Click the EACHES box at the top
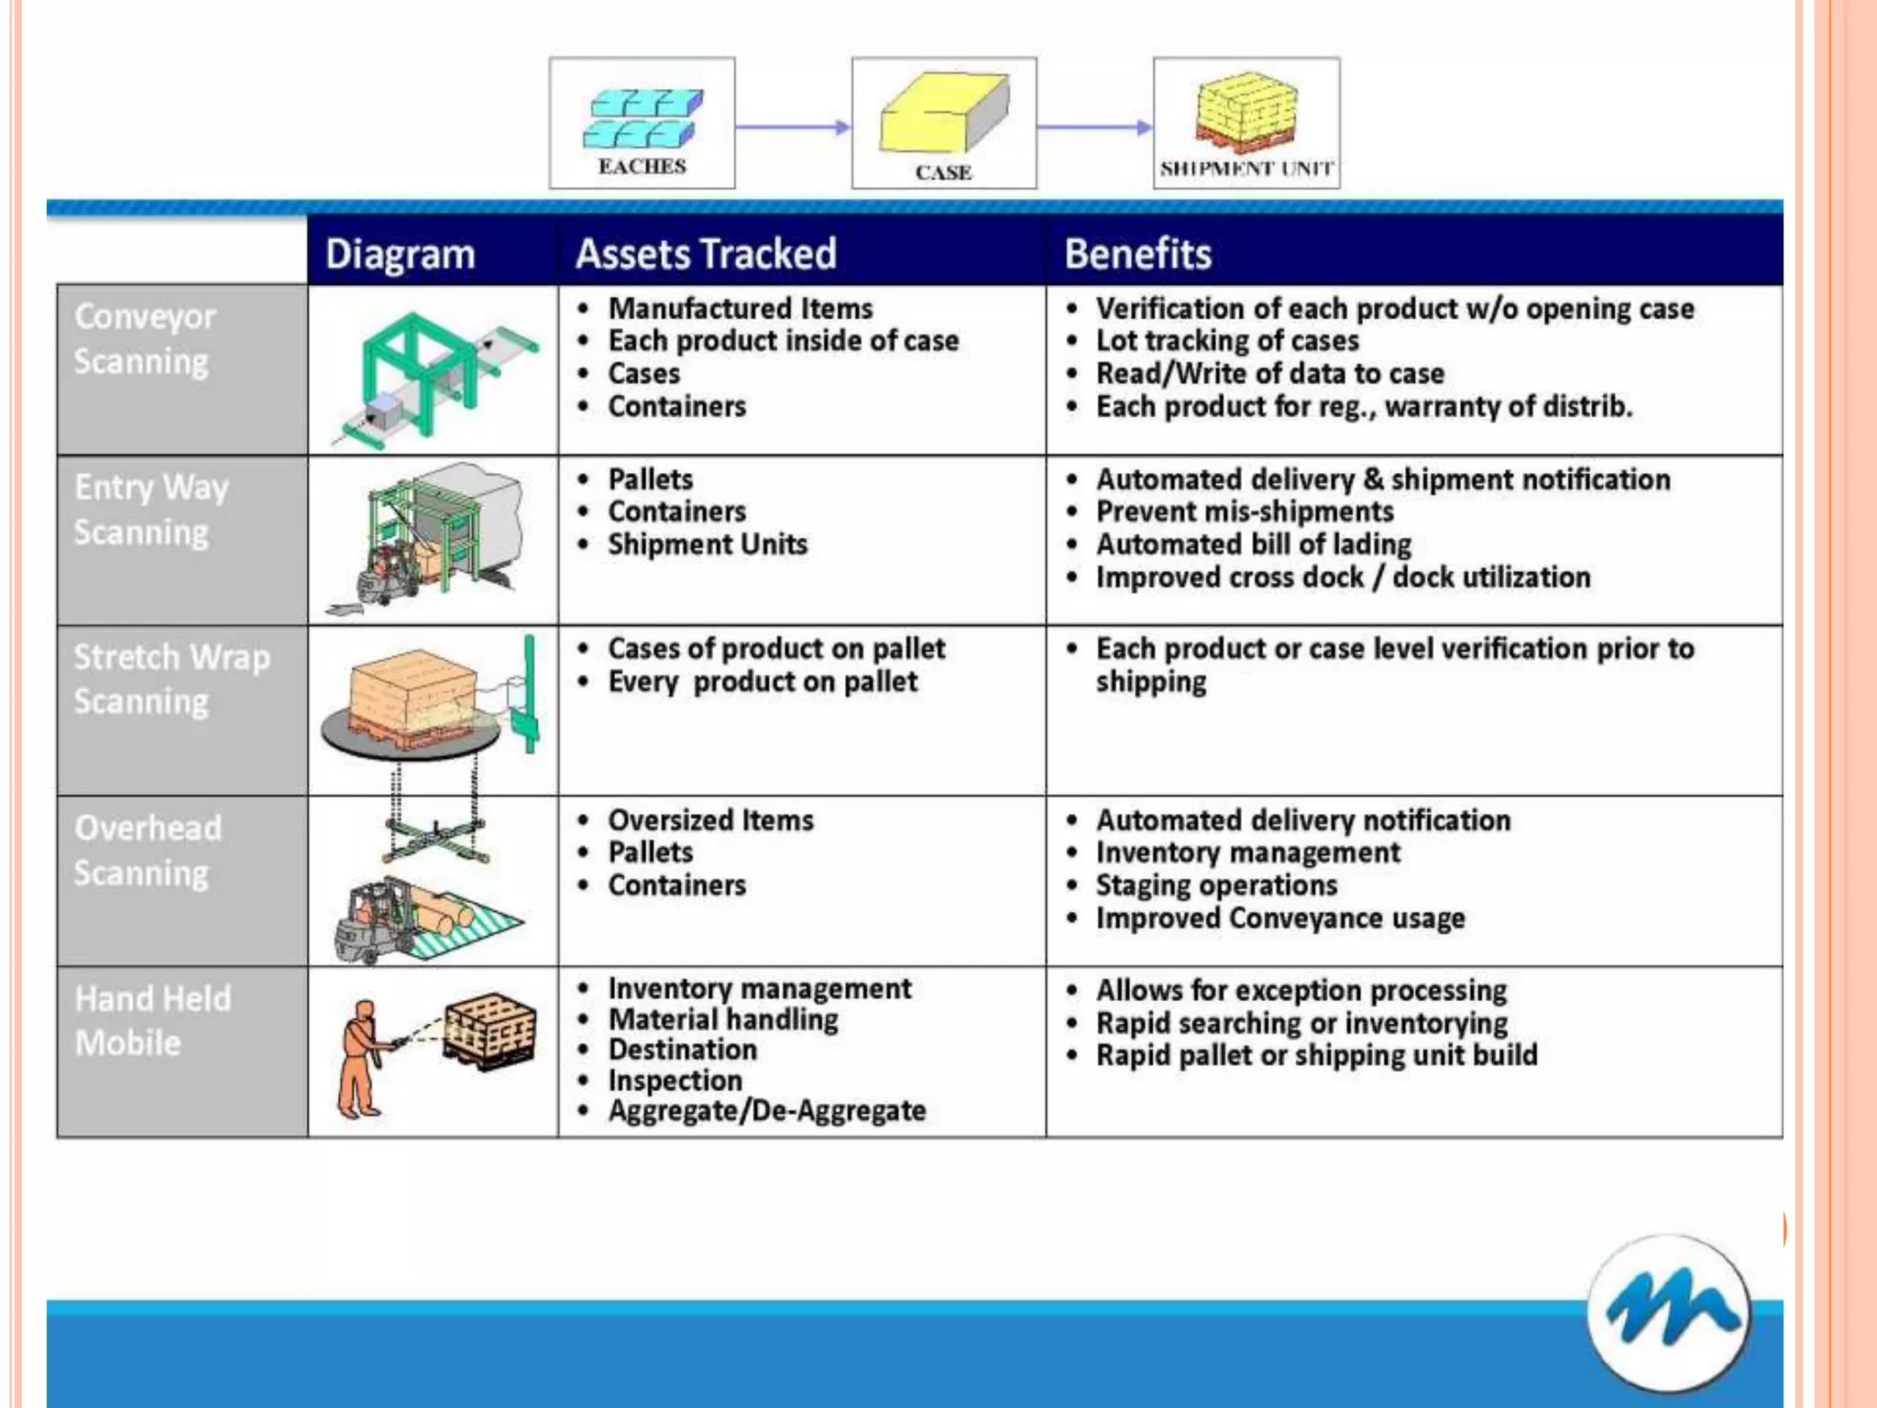pos(642,124)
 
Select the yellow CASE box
pos(944,124)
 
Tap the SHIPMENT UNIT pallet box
pos(1246,124)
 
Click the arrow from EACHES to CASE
pos(793,127)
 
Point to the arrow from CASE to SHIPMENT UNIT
pos(1094,127)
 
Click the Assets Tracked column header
pos(706,254)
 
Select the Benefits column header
pos(1137,254)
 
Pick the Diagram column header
pos(400,254)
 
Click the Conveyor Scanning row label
pos(145,339)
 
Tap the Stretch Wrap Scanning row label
pos(171,679)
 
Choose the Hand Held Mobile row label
pos(152,1020)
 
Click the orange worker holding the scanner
pos(360,1059)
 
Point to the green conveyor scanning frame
pos(417,367)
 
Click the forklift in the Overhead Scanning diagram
pos(371,921)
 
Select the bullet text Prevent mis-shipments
pos(1244,511)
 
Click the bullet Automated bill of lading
pos(1253,544)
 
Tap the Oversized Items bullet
pos(710,819)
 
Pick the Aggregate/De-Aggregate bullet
pos(766,1111)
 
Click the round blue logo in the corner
pos(1668,1314)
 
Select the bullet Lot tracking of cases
pos(1226,341)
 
